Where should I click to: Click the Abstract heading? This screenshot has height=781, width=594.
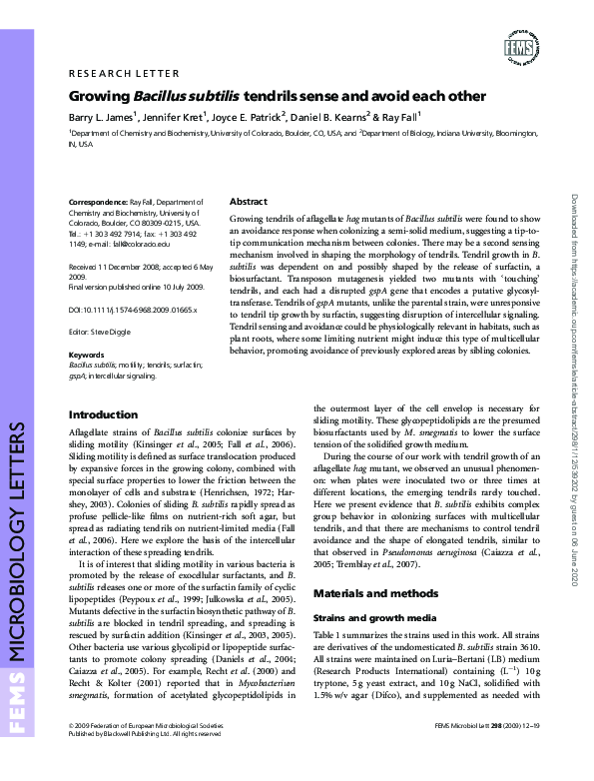tap(248, 201)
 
